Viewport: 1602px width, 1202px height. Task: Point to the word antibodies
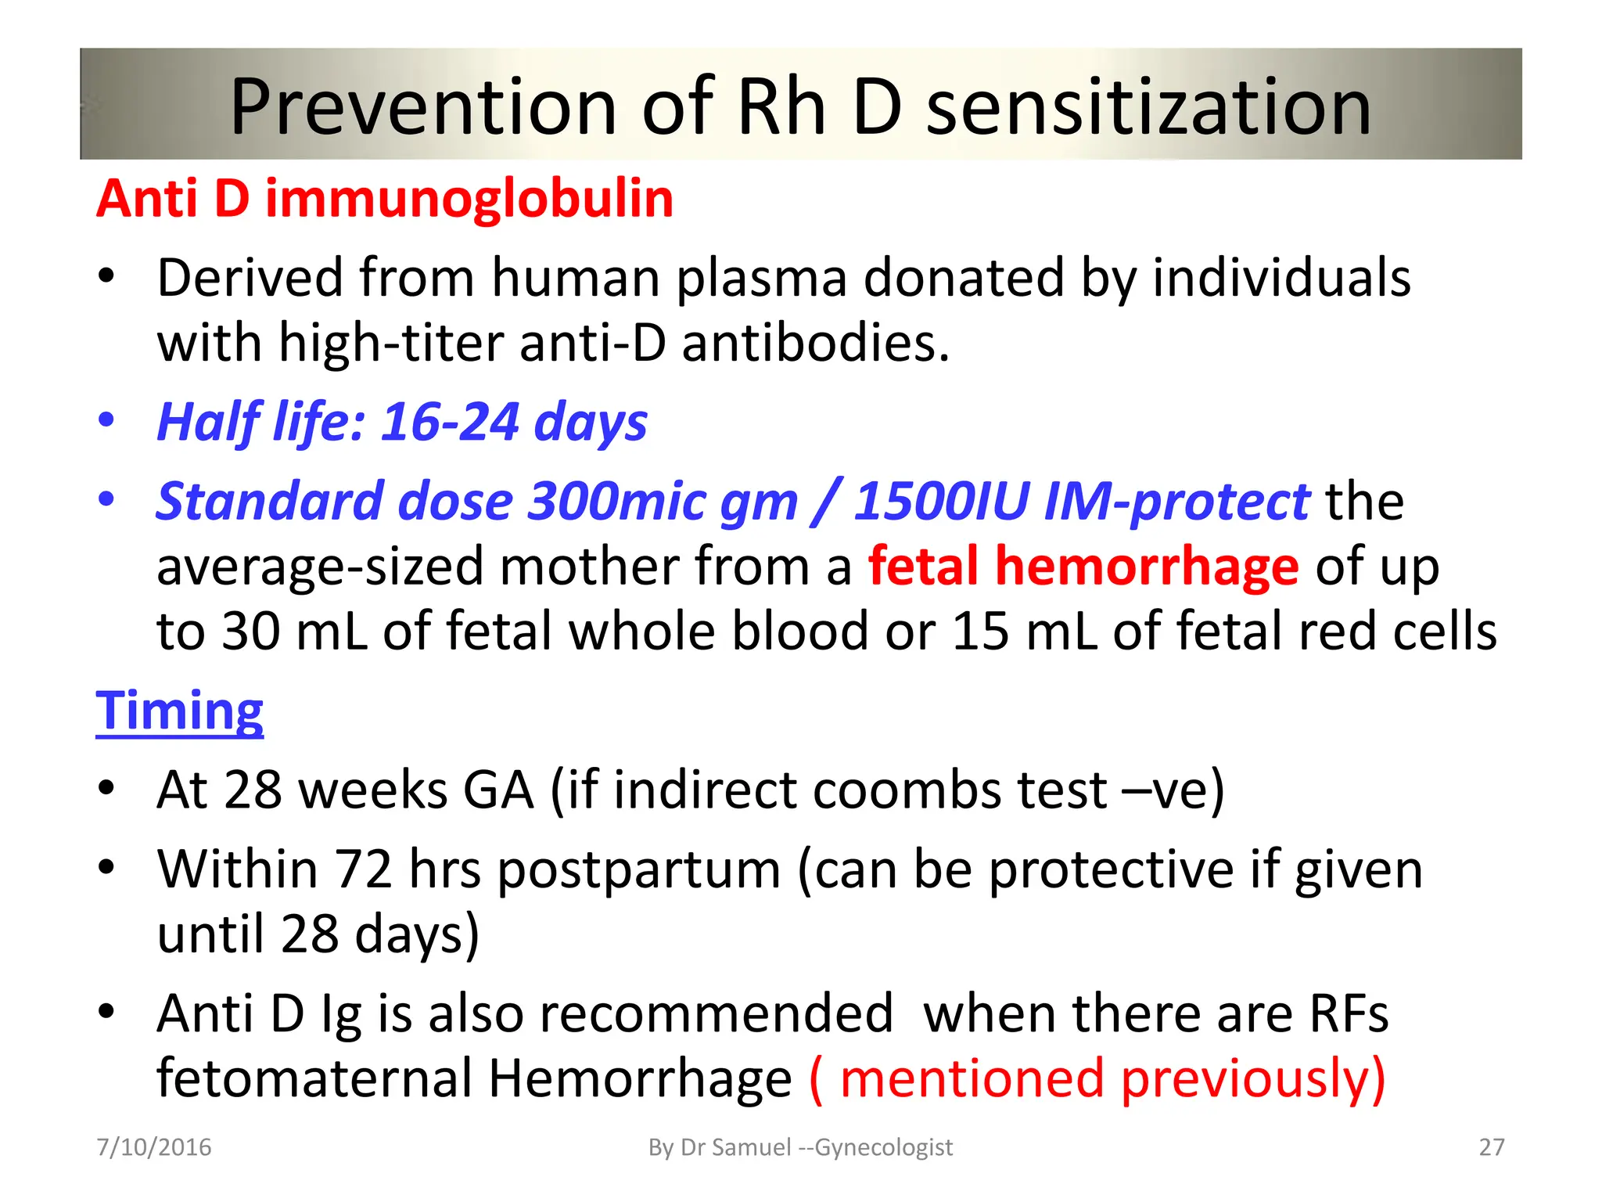point(815,344)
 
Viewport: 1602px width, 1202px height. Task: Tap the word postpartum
point(638,869)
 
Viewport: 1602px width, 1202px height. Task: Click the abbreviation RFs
point(1349,1014)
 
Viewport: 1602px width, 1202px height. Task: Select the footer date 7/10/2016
point(154,1147)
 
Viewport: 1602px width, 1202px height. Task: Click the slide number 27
point(1491,1147)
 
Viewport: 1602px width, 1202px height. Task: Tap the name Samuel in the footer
point(750,1147)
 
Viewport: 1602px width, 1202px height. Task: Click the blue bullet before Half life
point(106,420)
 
